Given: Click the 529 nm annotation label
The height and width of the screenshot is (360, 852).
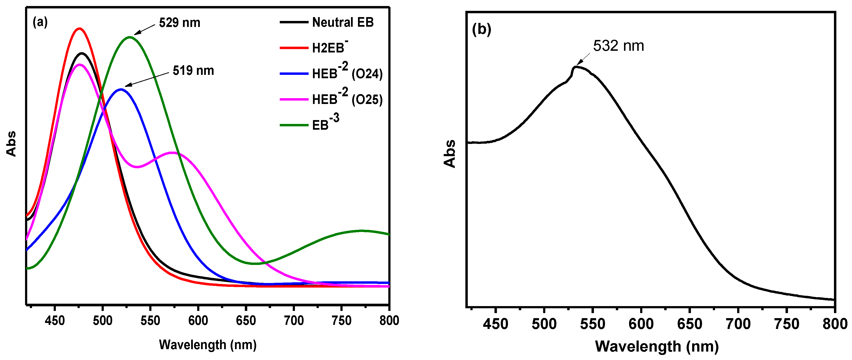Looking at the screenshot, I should click(x=180, y=23).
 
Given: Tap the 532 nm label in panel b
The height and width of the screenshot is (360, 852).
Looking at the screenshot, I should click(x=618, y=46).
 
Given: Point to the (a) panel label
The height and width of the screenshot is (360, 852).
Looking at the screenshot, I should click(x=40, y=22).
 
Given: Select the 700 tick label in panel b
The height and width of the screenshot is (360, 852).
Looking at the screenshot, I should click(x=738, y=324).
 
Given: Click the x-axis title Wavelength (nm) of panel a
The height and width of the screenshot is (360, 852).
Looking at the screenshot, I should click(x=208, y=345).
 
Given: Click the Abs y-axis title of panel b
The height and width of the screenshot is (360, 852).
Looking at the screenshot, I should click(x=450, y=154).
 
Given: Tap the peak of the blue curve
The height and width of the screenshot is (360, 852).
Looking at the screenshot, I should click(x=120, y=89).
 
